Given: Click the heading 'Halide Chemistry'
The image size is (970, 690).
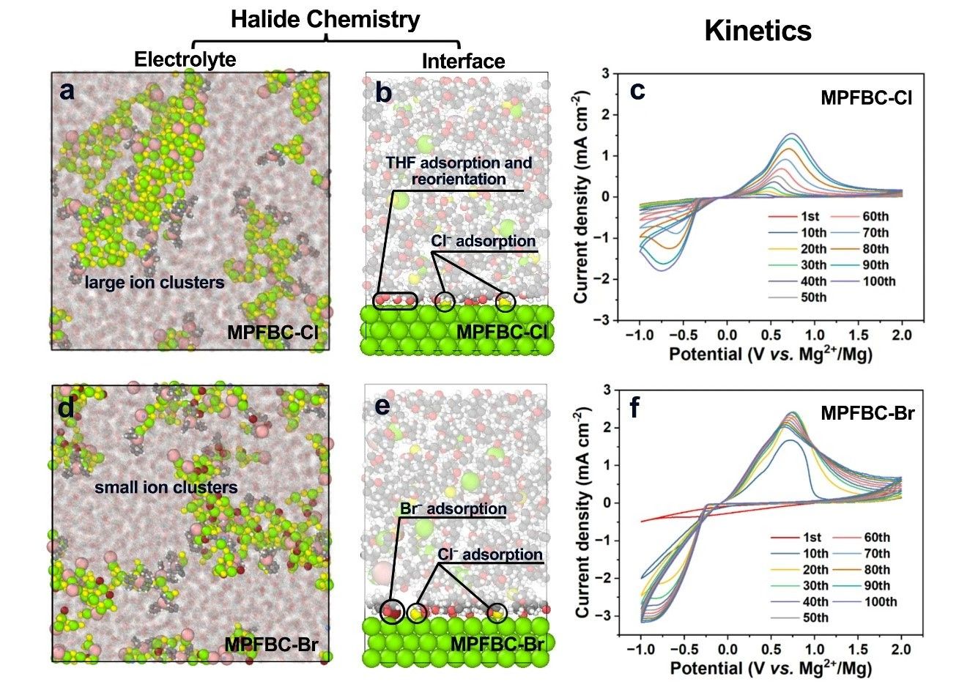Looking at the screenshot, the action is click(325, 19).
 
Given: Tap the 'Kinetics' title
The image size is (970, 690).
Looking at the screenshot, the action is click(758, 31).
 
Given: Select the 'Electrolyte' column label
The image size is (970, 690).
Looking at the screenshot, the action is click(185, 59).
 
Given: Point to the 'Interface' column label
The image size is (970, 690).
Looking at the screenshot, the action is click(463, 62).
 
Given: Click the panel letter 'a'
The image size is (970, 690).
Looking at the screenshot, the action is click(67, 92).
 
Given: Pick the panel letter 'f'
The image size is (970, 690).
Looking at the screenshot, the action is click(634, 407).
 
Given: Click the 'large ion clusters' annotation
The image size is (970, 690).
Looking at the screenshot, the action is click(155, 282).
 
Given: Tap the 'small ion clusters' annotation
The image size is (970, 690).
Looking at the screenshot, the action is click(166, 487).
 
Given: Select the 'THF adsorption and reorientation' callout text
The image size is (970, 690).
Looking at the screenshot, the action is click(459, 171).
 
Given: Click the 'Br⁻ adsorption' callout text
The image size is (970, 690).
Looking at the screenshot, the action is click(453, 508).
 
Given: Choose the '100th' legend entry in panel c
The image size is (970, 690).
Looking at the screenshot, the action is click(879, 281).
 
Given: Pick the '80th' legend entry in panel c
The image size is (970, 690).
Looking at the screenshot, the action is click(875, 249).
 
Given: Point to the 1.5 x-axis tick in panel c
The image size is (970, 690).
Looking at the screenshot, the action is click(859, 335).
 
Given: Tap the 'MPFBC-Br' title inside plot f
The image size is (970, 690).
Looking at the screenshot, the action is click(867, 413).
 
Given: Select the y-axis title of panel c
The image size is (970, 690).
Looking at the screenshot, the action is click(581, 197).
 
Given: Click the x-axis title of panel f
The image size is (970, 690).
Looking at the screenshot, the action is click(771, 668).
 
